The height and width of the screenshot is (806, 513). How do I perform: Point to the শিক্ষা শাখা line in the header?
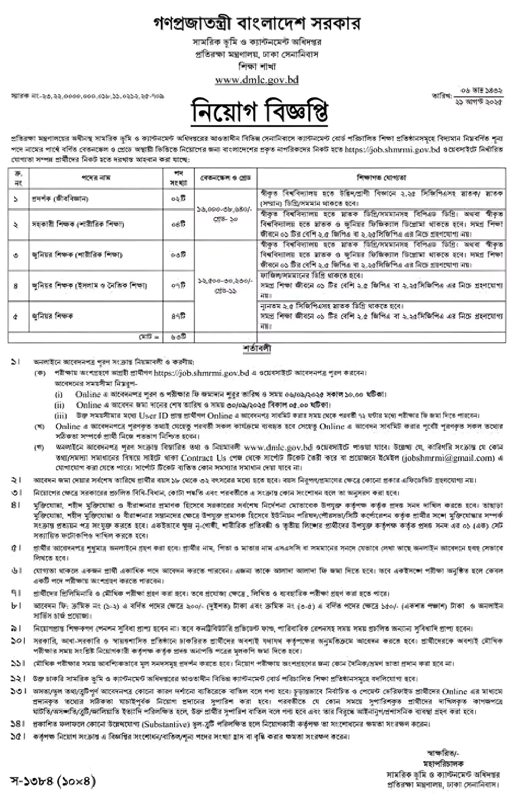click(x=257, y=67)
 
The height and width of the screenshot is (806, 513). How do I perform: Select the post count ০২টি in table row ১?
click(x=178, y=199)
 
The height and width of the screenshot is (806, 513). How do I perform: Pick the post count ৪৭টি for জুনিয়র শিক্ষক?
click(x=178, y=316)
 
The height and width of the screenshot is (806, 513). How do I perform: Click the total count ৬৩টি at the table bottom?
click(x=178, y=337)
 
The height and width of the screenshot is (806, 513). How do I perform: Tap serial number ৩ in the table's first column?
click(x=16, y=255)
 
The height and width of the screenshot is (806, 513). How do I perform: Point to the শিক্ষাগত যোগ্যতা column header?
click(x=381, y=178)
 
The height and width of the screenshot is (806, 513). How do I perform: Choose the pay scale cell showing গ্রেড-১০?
click(x=226, y=214)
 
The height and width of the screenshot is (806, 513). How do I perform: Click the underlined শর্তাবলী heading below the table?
click(x=257, y=349)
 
